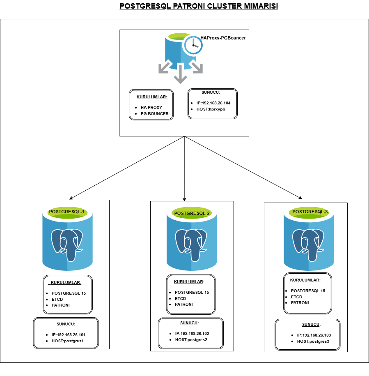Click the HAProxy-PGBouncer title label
point(223,38)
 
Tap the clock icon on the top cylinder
point(193,45)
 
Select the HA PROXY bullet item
point(151,107)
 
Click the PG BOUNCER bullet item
point(154,113)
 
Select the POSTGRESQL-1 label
point(66,212)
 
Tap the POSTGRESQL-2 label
point(192,213)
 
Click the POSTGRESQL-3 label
point(310,212)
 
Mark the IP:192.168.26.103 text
point(314,335)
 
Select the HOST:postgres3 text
point(313,341)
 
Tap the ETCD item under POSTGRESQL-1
point(57,300)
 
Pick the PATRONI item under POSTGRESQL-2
point(183,304)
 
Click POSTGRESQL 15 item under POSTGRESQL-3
point(308,291)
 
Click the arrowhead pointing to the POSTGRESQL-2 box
point(185,198)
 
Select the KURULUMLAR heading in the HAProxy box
point(151,97)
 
